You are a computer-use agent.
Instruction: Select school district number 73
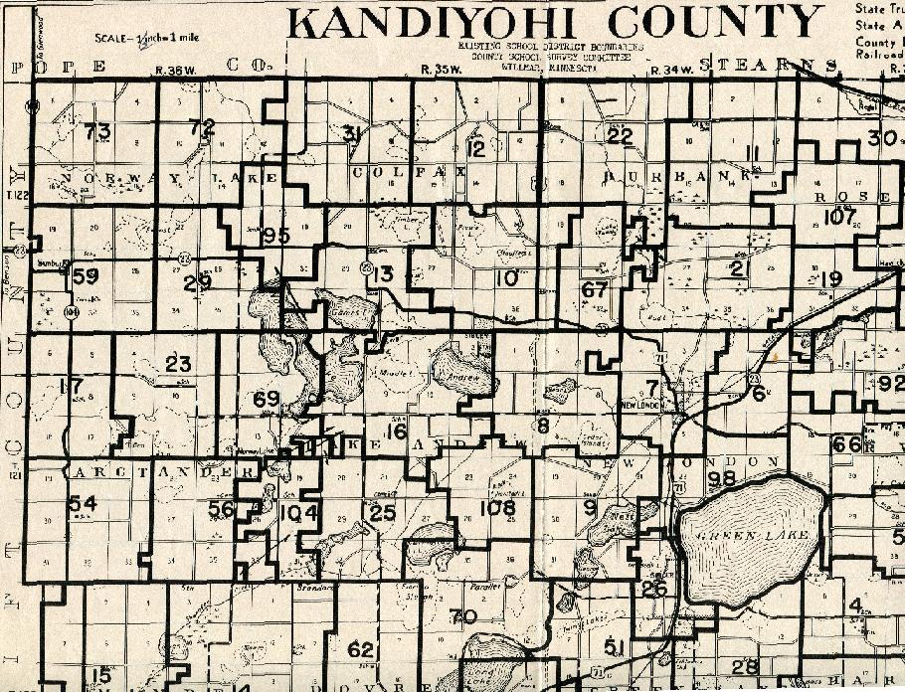96,130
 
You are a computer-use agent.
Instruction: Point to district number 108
497,508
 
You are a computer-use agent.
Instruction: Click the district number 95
275,236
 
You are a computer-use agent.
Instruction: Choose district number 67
595,290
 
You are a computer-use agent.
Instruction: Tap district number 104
298,513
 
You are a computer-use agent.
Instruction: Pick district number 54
83,504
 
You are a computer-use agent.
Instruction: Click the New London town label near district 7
641,407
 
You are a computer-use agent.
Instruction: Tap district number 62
360,649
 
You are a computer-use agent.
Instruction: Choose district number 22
620,136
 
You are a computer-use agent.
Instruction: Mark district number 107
841,217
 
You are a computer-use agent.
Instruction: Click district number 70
463,616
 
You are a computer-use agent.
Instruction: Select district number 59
86,276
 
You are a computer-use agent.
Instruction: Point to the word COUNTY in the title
714,22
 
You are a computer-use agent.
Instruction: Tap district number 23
178,364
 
